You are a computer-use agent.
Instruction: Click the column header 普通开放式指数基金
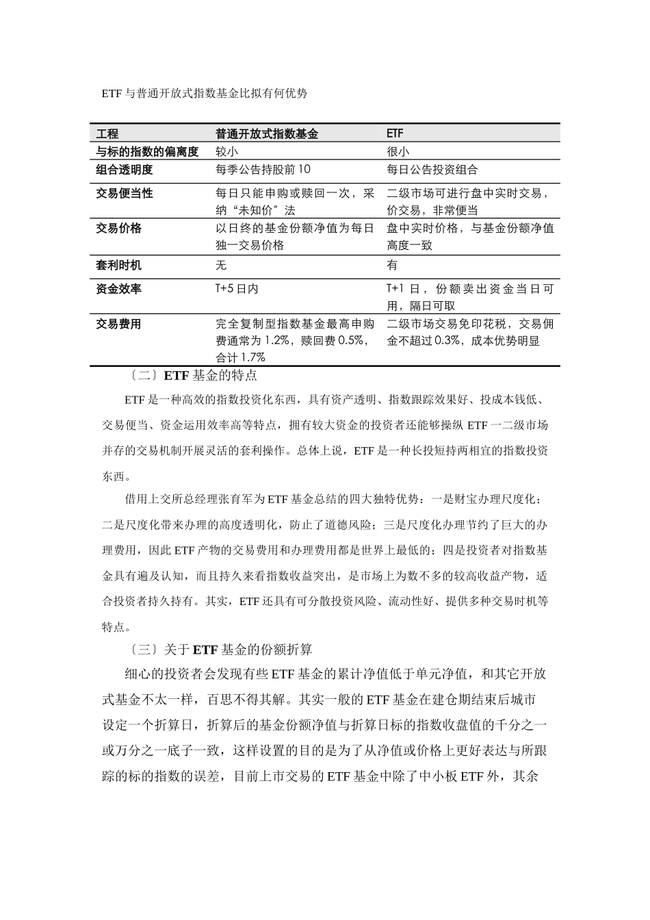coord(267,134)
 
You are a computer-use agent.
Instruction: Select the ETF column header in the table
coord(395,134)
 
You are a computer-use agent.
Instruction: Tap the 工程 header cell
coord(107,134)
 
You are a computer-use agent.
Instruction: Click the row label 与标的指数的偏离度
coord(146,151)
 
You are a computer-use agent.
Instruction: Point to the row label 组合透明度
coord(124,169)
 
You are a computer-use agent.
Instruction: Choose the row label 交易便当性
coord(124,194)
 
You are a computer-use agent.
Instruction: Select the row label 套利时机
coord(118,265)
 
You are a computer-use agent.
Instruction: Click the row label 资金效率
coord(118,289)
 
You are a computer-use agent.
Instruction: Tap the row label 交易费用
coord(118,324)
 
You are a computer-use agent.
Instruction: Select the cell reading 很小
coord(398,151)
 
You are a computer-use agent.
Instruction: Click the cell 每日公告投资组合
coord(432,169)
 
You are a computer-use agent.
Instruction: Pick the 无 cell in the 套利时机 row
coord(220,265)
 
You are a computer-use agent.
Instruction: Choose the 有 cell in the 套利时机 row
coord(392,265)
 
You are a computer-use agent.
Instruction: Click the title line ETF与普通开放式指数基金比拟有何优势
coord(205,94)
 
